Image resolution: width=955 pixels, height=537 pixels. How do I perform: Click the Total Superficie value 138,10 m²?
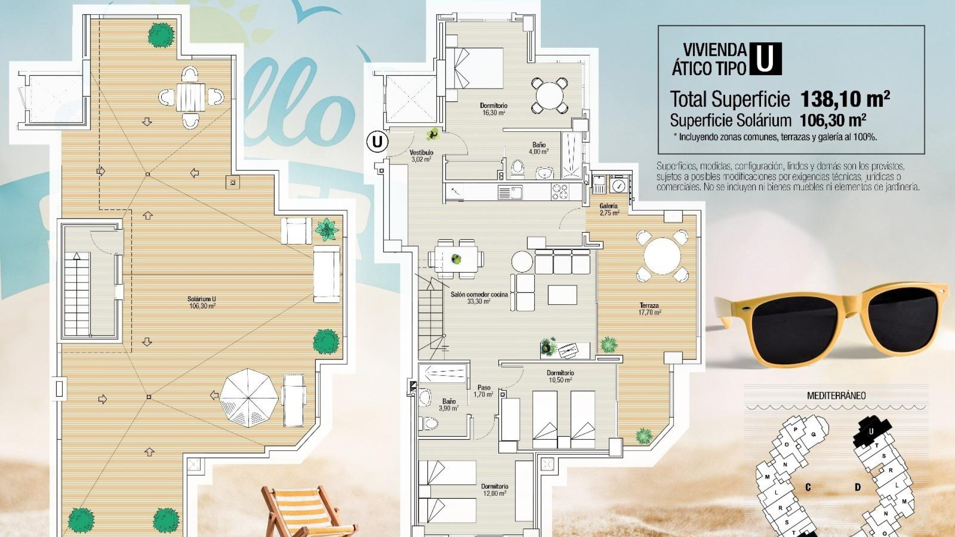tap(844, 99)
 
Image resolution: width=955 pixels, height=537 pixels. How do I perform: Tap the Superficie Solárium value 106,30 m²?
tap(833, 120)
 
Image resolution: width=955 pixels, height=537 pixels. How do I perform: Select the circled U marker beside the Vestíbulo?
tap(377, 142)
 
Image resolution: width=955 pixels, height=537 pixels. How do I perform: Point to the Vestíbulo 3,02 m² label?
tap(421, 156)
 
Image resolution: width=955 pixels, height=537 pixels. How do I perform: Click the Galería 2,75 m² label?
tap(609, 209)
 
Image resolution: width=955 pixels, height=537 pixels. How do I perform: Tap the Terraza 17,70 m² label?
tap(649, 309)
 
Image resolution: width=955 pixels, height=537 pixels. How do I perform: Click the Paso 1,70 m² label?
tap(483, 391)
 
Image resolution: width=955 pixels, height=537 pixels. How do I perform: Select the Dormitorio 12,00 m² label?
tap(494, 490)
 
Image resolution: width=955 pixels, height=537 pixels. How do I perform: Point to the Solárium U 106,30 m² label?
tap(201, 302)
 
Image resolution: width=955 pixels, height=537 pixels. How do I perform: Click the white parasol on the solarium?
tap(249, 398)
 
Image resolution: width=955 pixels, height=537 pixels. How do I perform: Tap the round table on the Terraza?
tap(662, 257)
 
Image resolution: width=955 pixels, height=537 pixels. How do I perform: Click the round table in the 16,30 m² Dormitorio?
tap(549, 94)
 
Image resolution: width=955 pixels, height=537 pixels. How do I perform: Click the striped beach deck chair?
tap(303, 512)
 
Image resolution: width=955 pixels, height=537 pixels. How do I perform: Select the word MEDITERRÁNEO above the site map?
tap(836, 396)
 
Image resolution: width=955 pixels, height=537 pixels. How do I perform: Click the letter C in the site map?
tap(808, 487)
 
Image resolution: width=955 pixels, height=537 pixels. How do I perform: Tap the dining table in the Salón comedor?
tap(456, 259)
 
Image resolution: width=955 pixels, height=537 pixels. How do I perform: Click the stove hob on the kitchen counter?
tap(560, 192)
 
